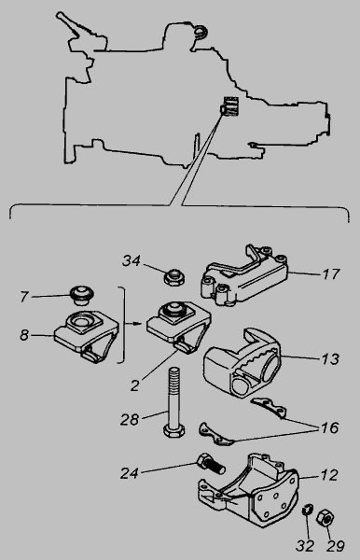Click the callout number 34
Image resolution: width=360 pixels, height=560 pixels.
(x=132, y=261)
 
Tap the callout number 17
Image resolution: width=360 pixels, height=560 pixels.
(x=330, y=274)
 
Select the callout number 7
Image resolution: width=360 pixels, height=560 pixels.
(x=24, y=297)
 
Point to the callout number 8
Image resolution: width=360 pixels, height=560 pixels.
(x=24, y=335)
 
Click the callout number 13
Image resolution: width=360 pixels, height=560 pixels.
(x=330, y=358)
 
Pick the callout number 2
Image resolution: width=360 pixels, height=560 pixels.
(x=134, y=385)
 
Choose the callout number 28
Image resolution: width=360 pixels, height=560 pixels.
(x=129, y=420)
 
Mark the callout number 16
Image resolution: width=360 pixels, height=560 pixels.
(x=329, y=427)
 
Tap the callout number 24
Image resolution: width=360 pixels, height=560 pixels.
(x=129, y=473)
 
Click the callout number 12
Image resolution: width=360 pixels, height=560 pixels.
(x=329, y=475)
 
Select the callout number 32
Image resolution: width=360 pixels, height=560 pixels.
(x=305, y=546)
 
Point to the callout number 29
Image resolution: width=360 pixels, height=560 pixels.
(x=336, y=546)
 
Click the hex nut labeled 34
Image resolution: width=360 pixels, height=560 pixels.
(x=174, y=277)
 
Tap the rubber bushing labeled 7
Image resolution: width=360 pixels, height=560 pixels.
(x=82, y=295)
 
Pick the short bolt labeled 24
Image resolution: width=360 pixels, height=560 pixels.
(x=211, y=464)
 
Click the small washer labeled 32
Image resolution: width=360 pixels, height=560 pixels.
(x=308, y=510)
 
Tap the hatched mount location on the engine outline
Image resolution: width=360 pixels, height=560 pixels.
(x=230, y=106)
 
